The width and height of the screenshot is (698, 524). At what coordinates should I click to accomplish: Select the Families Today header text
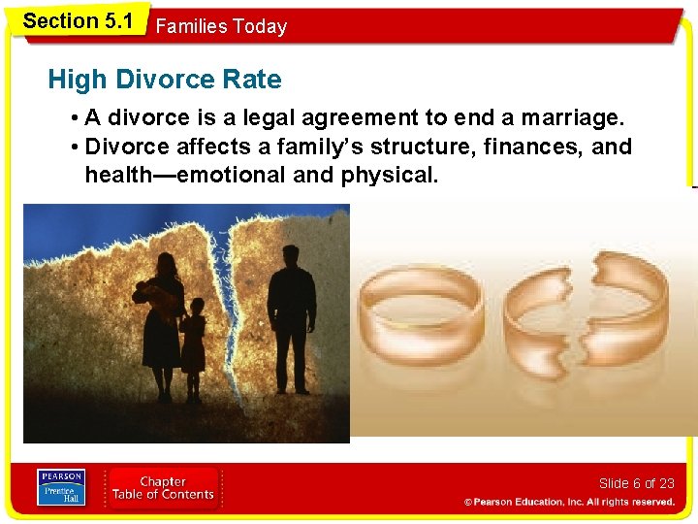[221, 26]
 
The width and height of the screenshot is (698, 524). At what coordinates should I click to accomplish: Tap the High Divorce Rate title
[164, 80]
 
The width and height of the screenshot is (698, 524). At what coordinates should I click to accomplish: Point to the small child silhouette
[194, 344]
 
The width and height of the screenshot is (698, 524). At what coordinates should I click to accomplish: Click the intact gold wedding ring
[422, 315]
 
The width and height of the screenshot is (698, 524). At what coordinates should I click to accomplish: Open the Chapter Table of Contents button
[163, 488]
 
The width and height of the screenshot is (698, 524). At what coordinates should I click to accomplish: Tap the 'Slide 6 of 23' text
[636, 483]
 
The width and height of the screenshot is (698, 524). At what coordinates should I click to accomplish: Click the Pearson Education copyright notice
[569, 502]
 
